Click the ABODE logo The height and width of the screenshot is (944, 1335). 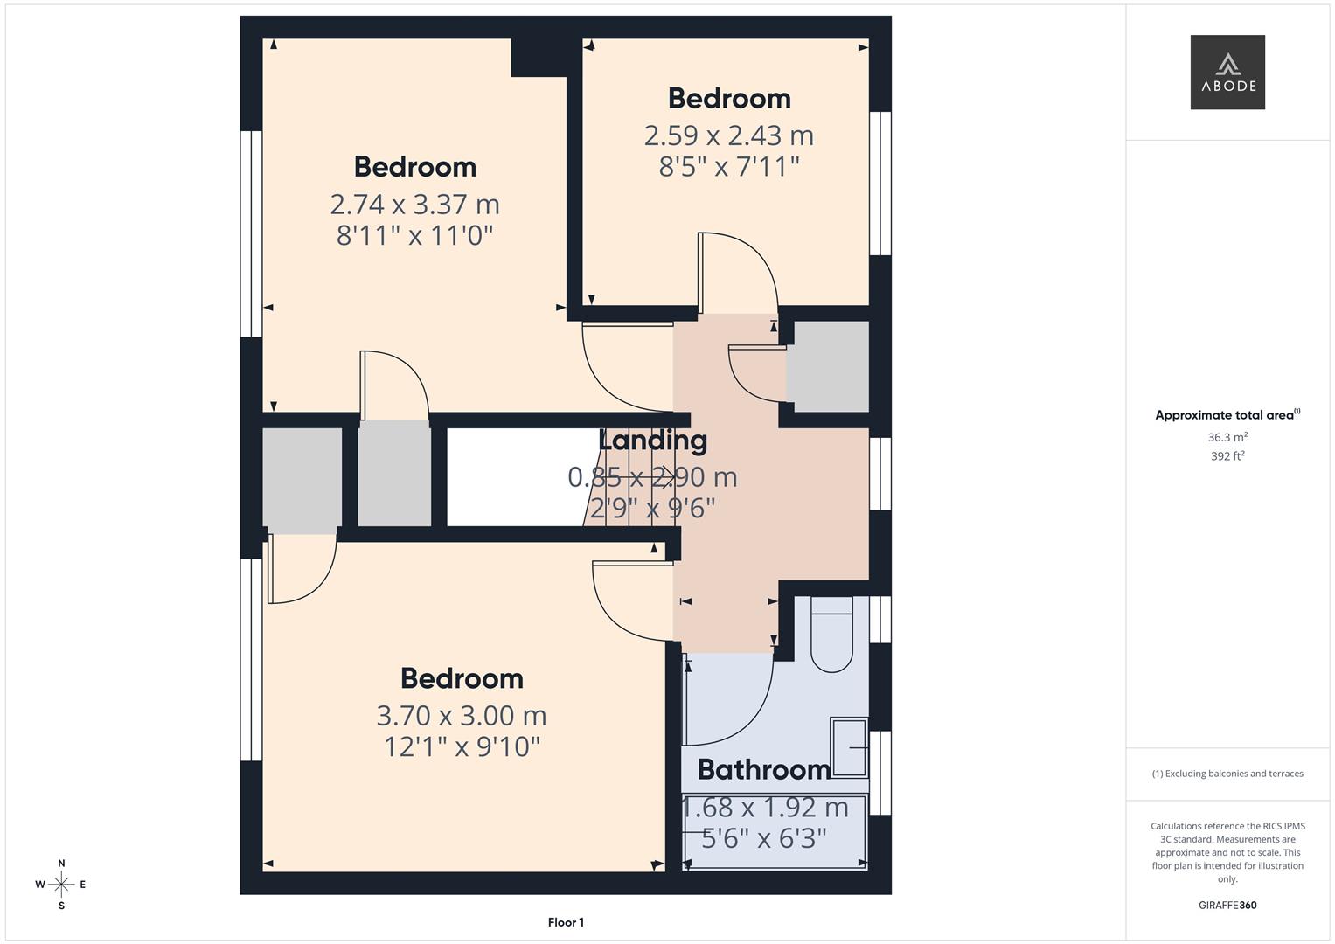pos(1227,73)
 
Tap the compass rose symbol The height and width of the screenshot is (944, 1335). pos(61,885)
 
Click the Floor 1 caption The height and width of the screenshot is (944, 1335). pos(566,922)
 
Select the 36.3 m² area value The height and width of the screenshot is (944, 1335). pos(1227,437)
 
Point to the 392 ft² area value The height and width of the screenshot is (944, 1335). pos(1227,456)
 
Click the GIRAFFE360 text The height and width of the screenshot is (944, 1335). pos(1227,905)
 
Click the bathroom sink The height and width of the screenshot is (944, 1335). pos(848,747)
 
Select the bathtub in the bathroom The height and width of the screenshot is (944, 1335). pos(775,832)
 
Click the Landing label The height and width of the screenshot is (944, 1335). pos(652,441)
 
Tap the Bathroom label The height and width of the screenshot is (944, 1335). pos(764,769)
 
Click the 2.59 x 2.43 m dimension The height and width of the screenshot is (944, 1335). pos(728,135)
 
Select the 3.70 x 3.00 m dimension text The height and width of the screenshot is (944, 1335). pos(461,716)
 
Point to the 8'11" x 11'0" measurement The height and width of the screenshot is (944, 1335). pos(414,235)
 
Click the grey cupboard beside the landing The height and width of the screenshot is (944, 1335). pos(827,366)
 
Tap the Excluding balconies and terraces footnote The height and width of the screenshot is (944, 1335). pos(1227,774)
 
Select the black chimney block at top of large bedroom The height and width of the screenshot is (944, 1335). pos(539,57)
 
